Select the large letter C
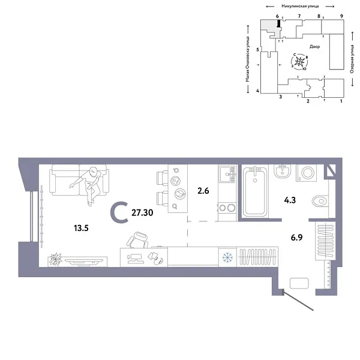[119, 211]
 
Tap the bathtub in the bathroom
[259, 192]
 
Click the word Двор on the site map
[315, 46]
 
